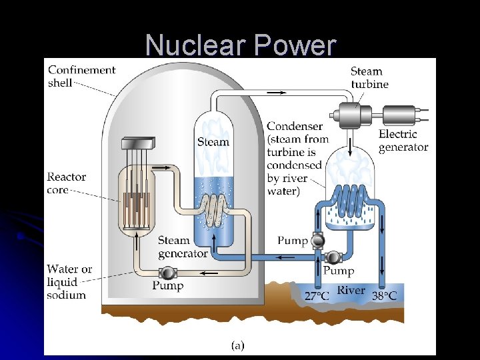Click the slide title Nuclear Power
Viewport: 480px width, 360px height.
coord(240,45)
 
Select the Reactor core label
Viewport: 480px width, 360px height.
coord(66,183)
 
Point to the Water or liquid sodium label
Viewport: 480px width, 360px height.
coord(69,281)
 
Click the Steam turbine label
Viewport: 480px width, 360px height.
coord(369,77)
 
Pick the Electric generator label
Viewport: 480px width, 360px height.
coord(403,141)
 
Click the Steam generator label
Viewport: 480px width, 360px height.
coord(183,247)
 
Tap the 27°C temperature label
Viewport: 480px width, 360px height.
coord(317,295)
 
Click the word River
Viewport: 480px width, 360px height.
coord(351,290)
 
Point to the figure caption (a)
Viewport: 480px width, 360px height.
coord(237,345)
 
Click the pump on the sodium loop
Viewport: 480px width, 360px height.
coord(167,272)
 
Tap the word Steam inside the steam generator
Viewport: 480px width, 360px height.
coord(213,141)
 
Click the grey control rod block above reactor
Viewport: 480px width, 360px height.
coord(138,143)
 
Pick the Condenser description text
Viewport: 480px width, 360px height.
coord(294,159)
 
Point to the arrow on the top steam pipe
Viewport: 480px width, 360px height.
coord(275,93)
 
